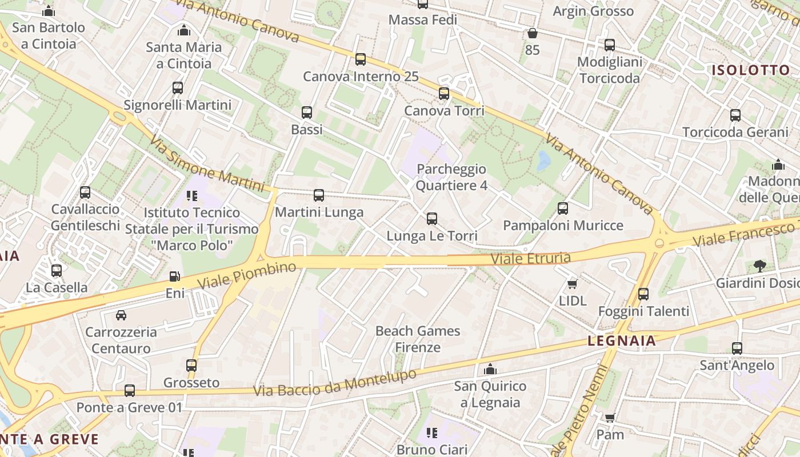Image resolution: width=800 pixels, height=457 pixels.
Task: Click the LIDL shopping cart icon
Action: [572, 284]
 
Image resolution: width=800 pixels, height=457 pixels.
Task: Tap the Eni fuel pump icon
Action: [175, 276]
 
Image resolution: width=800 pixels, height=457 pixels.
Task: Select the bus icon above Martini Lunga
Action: [319, 195]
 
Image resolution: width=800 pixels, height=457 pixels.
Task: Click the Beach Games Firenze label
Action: [418, 339]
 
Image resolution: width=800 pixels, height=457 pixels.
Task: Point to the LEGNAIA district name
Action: [622, 341]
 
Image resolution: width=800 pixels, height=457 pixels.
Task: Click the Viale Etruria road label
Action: [531, 259]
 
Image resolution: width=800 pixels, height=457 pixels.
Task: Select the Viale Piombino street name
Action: [247, 275]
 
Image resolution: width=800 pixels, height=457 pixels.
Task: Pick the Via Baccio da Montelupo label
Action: [335, 383]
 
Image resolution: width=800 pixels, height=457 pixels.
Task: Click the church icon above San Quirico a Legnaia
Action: [490, 369]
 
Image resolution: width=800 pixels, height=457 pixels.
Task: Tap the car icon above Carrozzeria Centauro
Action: [121, 315]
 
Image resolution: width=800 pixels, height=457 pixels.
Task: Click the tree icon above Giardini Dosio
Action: [759, 266]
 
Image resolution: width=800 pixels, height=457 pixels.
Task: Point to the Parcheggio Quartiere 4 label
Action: [451, 177]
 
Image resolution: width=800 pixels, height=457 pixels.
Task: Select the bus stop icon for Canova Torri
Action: [444, 93]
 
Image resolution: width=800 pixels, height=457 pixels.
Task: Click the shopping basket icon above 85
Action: [532, 33]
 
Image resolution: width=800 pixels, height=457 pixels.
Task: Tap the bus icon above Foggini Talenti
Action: [643, 294]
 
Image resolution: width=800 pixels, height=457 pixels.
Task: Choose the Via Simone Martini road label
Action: [207, 164]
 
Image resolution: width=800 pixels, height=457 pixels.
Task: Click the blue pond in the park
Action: [543, 161]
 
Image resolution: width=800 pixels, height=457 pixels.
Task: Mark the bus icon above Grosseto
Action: [191, 365]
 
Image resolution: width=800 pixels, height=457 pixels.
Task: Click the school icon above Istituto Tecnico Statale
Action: [192, 196]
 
